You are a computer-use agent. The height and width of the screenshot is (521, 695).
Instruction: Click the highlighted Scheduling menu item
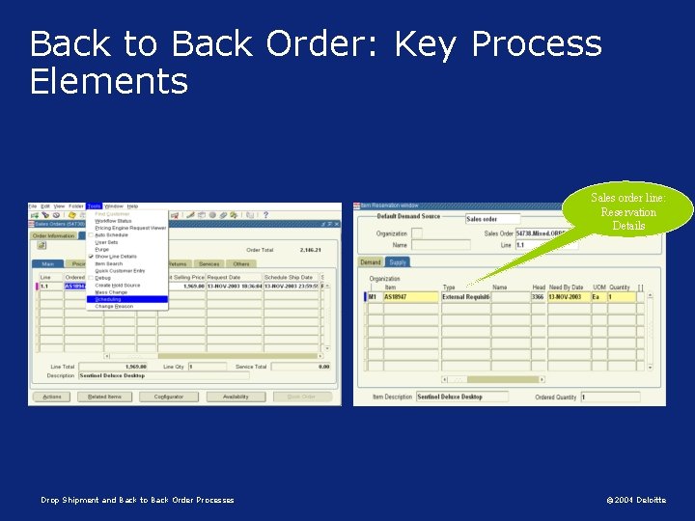tap(109, 299)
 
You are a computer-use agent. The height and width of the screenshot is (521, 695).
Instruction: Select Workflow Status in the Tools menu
tap(114, 221)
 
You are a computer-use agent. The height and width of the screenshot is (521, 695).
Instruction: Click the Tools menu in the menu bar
tap(94, 206)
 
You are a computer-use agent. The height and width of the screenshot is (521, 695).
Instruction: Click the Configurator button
tap(168, 397)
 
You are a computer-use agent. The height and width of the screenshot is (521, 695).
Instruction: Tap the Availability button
tap(236, 397)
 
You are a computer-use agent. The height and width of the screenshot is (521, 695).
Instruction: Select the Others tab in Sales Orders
tap(240, 263)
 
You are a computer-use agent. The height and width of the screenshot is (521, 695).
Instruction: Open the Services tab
tap(208, 263)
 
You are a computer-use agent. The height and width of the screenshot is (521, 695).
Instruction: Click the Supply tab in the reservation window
tap(398, 261)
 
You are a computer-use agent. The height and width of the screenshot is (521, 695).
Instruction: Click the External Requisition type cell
tap(465, 297)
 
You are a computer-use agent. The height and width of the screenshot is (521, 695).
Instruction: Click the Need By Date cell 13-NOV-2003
tap(568, 297)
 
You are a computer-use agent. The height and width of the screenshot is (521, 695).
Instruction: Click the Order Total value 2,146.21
tap(310, 250)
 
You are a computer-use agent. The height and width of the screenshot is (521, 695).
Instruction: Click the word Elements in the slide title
tap(108, 81)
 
